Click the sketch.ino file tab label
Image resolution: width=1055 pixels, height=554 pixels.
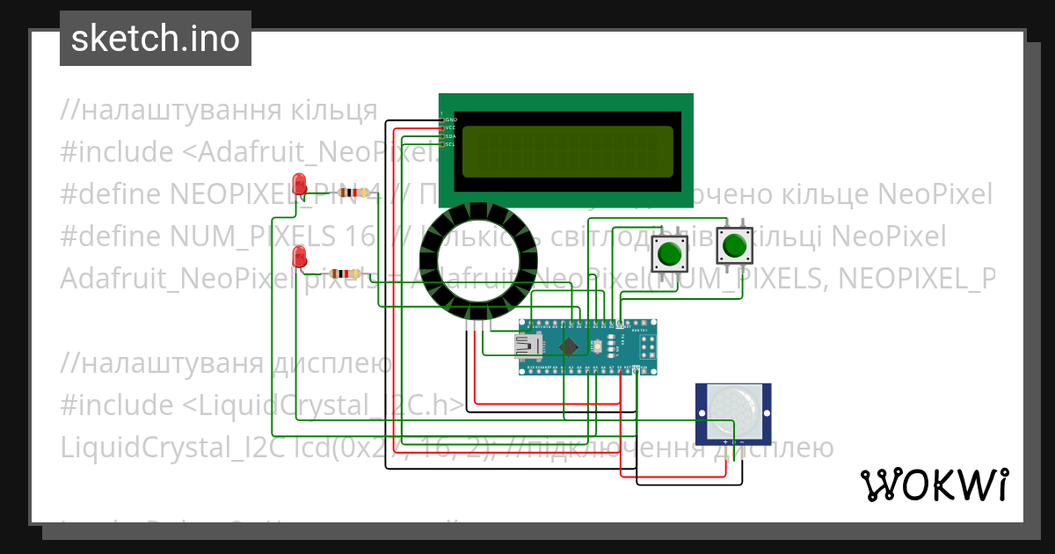pos(155,39)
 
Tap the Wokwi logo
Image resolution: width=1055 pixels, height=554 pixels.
pos(934,485)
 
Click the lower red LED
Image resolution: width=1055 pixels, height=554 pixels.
pos(300,258)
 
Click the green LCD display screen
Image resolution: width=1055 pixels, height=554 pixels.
pos(568,149)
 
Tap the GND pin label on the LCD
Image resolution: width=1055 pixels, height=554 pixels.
pos(450,119)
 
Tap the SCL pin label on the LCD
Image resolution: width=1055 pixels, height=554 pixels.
pos(450,144)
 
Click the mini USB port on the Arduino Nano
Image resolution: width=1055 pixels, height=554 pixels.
pos(528,346)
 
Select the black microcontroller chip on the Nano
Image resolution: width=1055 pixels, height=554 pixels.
pos(569,346)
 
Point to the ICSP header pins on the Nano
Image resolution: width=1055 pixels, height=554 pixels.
pos(649,346)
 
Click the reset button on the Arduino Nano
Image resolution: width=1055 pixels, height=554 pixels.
pos(598,346)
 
